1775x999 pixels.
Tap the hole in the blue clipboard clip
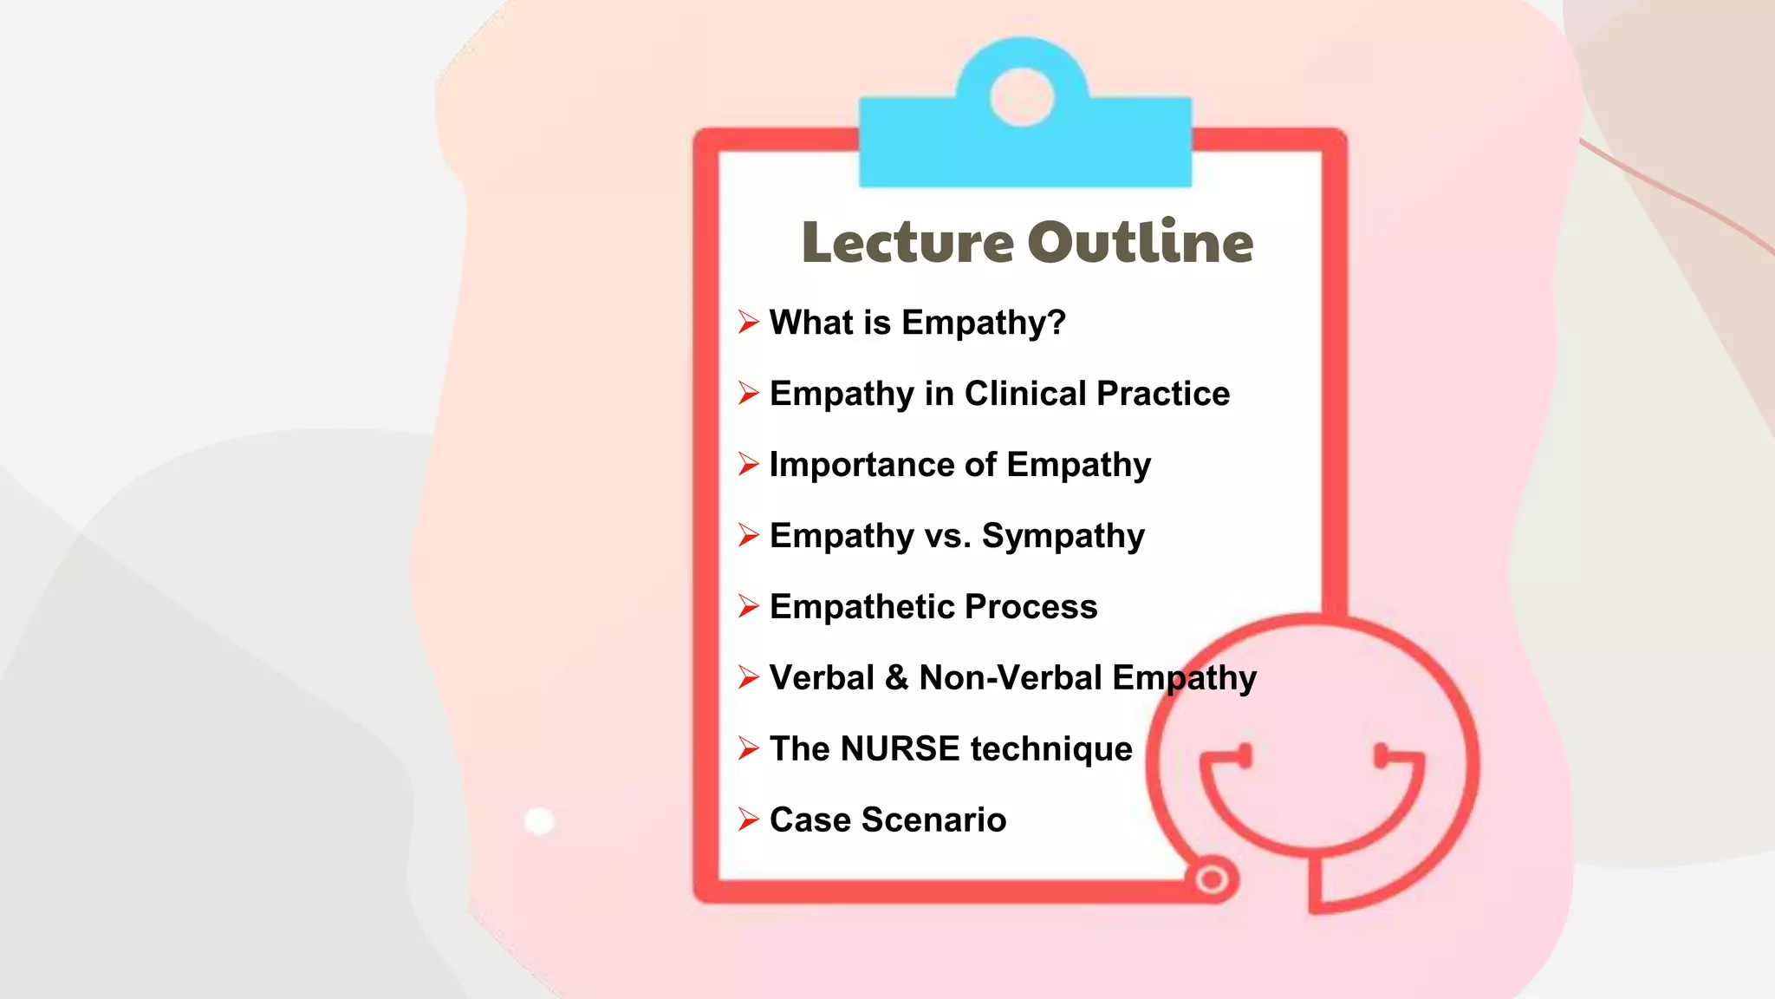pos(1022,97)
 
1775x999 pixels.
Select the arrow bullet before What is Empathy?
pos(749,323)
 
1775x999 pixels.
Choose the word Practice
pos(1163,394)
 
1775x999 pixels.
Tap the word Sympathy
pos(1063,537)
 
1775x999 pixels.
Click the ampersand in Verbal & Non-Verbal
pos(896,678)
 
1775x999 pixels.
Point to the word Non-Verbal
pos(1010,678)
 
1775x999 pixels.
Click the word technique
pos(1051,749)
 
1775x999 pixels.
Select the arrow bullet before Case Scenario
pos(749,820)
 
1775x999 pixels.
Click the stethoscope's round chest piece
pos(1212,880)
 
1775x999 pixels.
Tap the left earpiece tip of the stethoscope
pos(1245,755)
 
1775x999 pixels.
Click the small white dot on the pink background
pos(539,820)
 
